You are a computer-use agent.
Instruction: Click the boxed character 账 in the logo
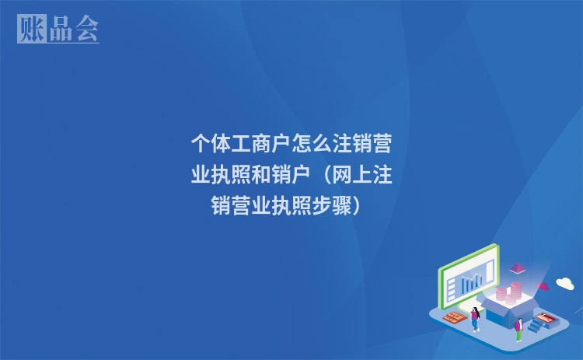[32, 29]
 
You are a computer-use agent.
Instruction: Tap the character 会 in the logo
[87, 29]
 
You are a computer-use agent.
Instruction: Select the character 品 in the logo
[59, 29]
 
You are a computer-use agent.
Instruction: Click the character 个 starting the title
[201, 145]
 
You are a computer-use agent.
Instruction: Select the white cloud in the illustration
[565, 283]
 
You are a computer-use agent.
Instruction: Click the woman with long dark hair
[475, 318]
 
